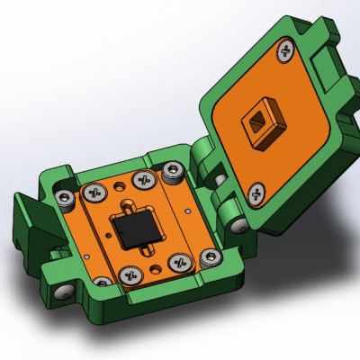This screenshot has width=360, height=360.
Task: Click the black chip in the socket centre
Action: [134, 228]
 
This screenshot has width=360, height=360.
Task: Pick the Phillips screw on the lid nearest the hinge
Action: [256, 191]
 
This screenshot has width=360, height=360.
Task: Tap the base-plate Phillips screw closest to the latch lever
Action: [93, 192]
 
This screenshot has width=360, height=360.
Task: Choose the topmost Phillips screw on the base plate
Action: [140, 180]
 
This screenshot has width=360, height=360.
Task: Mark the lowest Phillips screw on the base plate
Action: [125, 273]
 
